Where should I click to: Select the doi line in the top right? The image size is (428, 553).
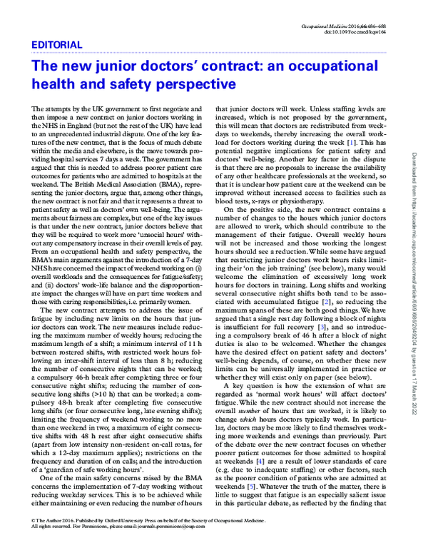363,33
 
